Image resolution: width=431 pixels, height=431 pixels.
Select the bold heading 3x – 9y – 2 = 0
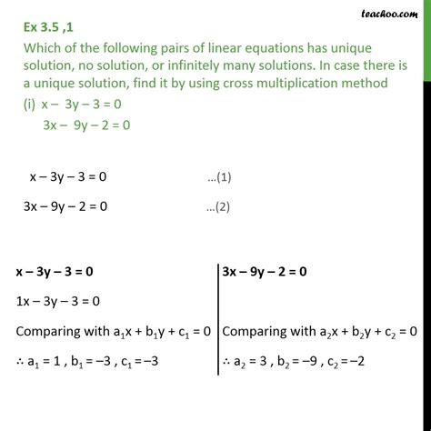pos(277,270)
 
